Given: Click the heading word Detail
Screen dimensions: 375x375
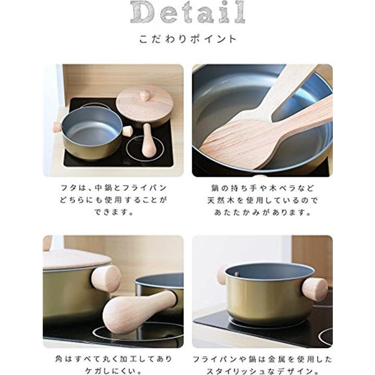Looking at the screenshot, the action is coord(187,12).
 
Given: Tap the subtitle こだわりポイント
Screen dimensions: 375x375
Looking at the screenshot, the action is coord(188,39).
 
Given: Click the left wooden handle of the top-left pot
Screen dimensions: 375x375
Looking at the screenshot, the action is coord(57,127).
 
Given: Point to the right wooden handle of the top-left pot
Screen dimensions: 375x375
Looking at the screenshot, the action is coord(128,131).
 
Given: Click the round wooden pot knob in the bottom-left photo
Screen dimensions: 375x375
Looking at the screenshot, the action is coord(106,279).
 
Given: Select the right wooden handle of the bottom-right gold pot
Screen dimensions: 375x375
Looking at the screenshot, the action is coord(315,290).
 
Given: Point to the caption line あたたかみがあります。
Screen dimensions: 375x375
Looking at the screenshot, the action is coord(262,213).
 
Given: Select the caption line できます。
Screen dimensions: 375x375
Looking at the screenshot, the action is coord(114,212).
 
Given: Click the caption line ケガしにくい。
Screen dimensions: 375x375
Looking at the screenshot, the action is coord(114,371).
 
